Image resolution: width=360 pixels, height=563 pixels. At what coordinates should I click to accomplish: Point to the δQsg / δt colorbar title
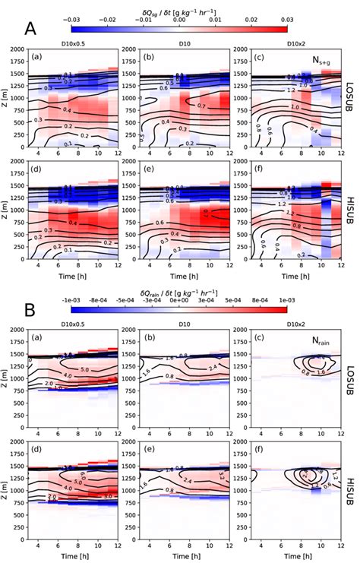[179, 8]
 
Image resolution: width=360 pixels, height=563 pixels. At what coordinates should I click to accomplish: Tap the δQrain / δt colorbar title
[179, 270]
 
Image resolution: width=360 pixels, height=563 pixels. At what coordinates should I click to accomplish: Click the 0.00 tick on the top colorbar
[180, 19]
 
